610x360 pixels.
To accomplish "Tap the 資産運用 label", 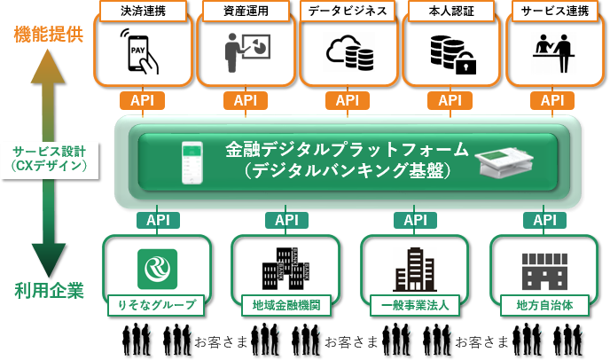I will pyautogui.click(x=246, y=12).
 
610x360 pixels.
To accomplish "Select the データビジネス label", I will pyautogui.click(x=348, y=12).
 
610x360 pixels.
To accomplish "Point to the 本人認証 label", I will pyautogui.click(x=450, y=12).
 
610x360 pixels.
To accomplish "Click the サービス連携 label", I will pyautogui.click(x=552, y=12).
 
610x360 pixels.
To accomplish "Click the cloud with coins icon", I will pyautogui.click(x=348, y=53).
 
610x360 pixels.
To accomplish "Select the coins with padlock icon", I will pyautogui.click(x=451, y=53).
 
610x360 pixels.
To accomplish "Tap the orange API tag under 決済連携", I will pyautogui.click(x=142, y=100).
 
